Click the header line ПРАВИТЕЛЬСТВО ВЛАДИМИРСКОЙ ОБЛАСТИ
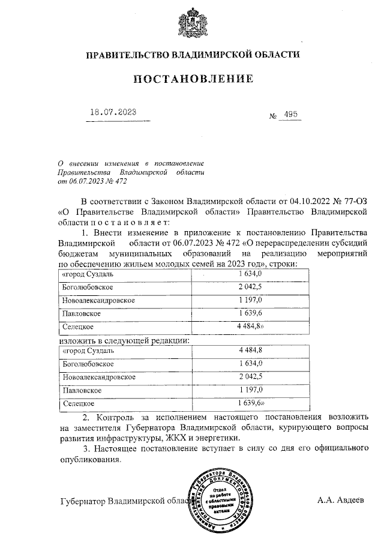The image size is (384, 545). coord(192,55)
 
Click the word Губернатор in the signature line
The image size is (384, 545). coord(82,501)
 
